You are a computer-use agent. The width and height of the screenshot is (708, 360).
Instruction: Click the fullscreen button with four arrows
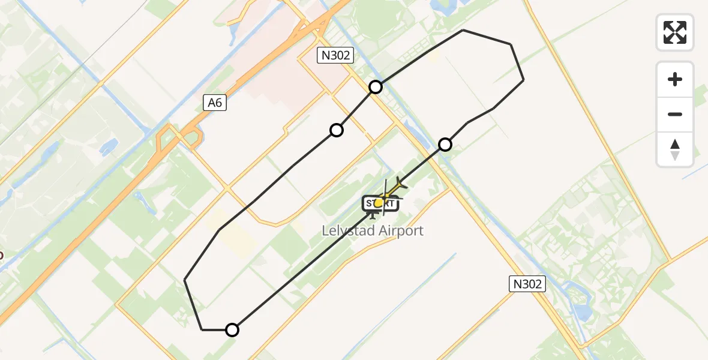click(675, 32)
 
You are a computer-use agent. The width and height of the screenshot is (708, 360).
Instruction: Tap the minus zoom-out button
click(675, 114)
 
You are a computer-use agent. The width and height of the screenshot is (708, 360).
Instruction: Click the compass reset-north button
click(675, 149)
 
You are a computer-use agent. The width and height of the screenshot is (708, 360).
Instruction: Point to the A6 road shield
click(215, 103)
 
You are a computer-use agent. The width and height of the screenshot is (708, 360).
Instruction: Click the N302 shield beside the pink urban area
click(335, 56)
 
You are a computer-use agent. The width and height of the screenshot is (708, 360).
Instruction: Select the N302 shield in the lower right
click(528, 284)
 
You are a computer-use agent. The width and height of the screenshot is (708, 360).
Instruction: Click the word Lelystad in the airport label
click(347, 230)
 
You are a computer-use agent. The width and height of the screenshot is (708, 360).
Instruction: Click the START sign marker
click(379, 203)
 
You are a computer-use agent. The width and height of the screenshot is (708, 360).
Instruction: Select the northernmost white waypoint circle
click(376, 87)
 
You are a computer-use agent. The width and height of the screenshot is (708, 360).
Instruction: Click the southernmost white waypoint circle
click(232, 329)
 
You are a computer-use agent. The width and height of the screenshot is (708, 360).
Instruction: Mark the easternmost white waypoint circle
click(445, 144)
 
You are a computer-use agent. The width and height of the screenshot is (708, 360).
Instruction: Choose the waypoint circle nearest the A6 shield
click(337, 130)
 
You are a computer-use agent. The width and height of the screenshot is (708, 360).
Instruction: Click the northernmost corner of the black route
click(463, 30)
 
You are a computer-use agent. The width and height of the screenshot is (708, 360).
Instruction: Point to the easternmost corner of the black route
click(524, 79)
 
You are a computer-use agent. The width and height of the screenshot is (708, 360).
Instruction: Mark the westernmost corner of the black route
click(185, 280)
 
